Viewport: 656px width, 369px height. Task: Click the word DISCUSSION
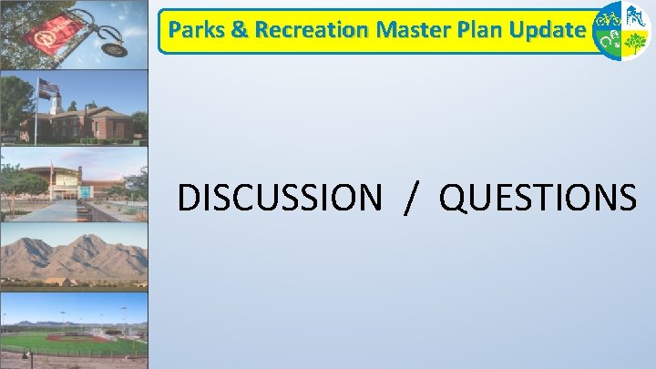[x=280, y=197]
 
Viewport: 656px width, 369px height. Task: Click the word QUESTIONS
[x=538, y=197]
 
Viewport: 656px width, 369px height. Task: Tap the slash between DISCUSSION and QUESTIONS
[x=415, y=197]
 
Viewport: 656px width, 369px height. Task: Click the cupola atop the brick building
[x=57, y=102]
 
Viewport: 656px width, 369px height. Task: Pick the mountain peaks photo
[x=74, y=256]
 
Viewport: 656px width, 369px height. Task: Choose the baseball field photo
[x=74, y=328]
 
